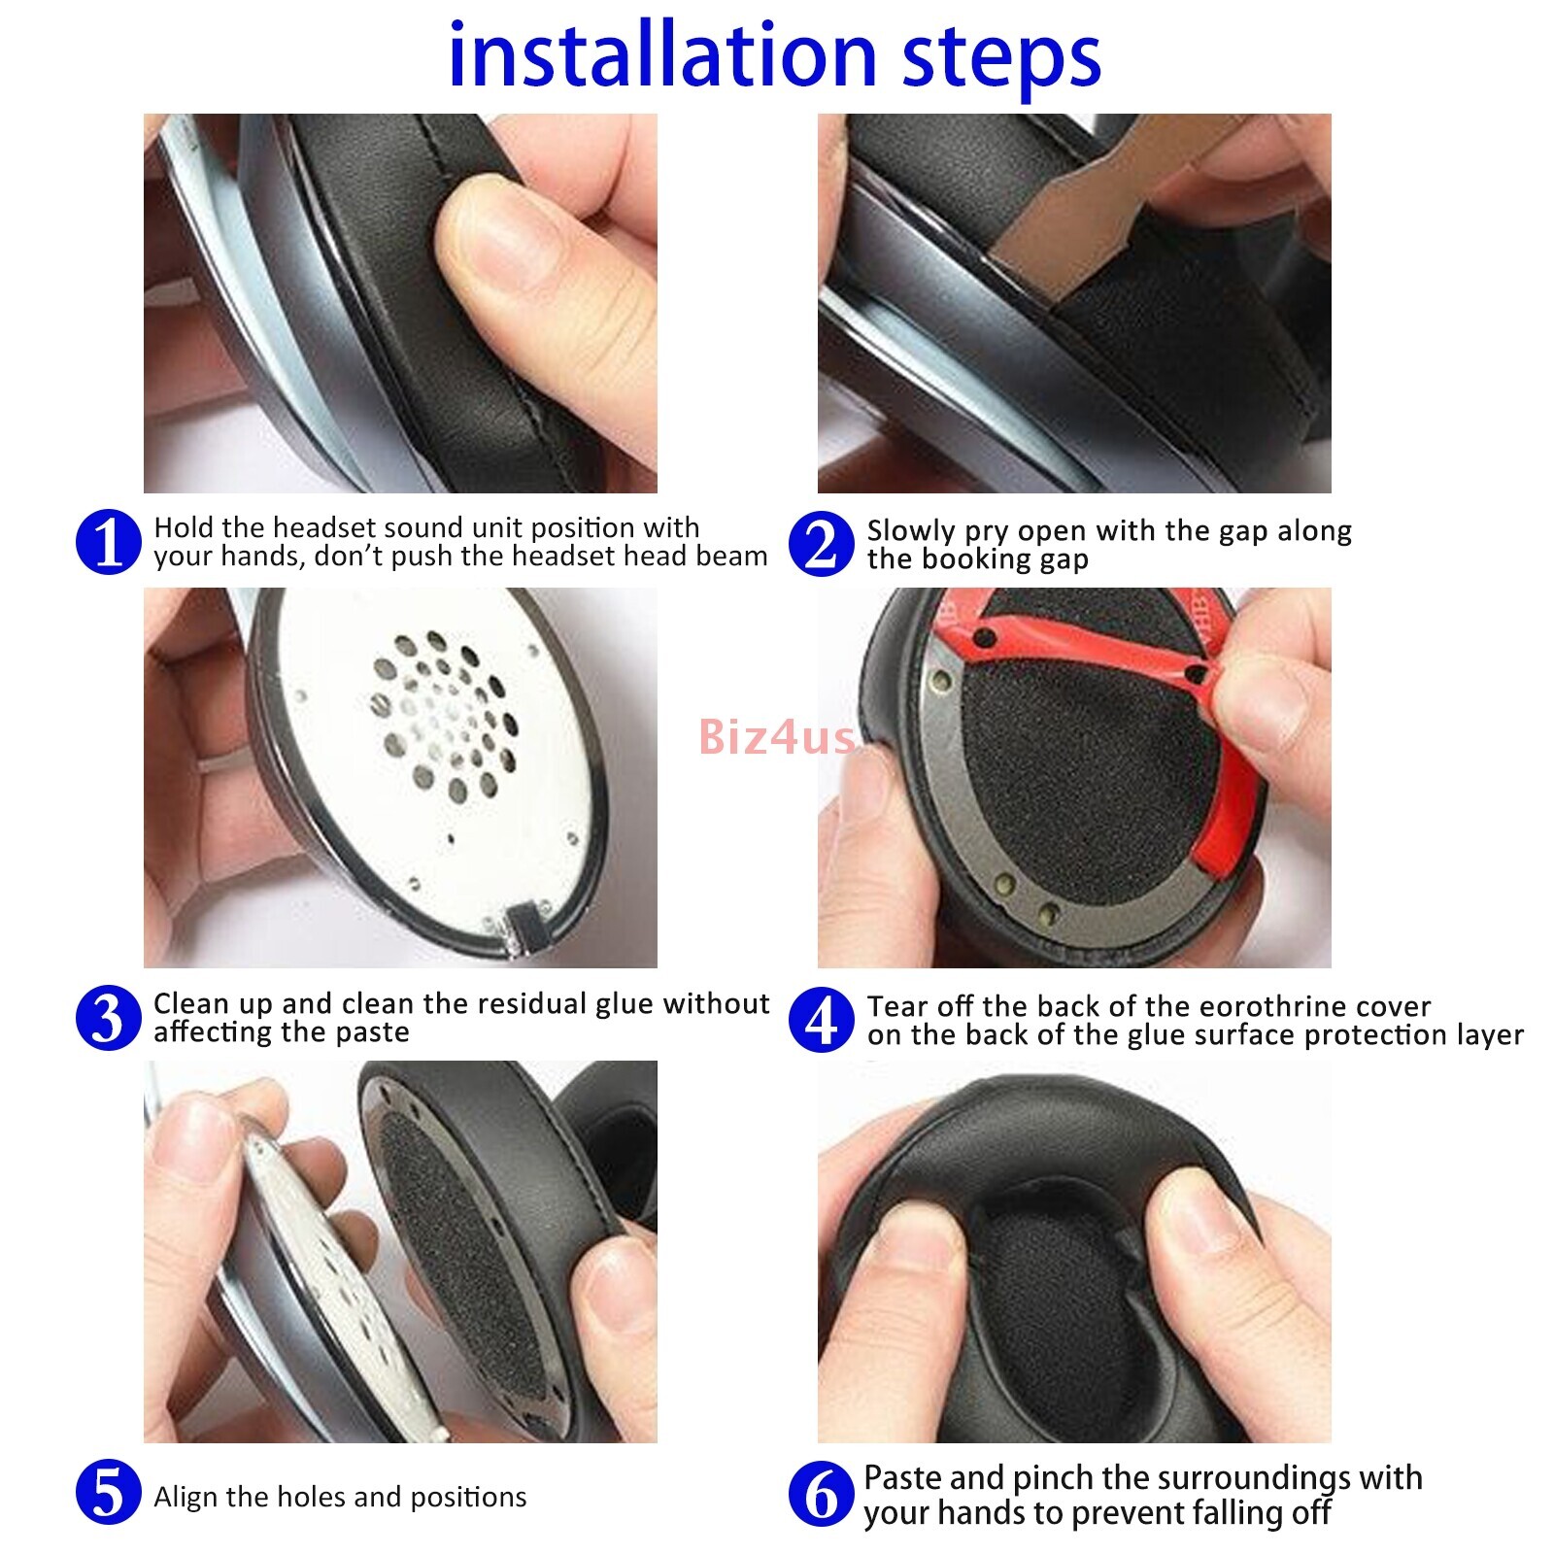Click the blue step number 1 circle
coord(109,542)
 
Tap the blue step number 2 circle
coord(822,544)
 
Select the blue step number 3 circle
coord(109,1018)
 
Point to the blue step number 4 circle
coord(822,1020)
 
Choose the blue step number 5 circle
coord(109,1492)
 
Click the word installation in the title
coord(664,55)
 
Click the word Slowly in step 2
coord(911,532)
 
